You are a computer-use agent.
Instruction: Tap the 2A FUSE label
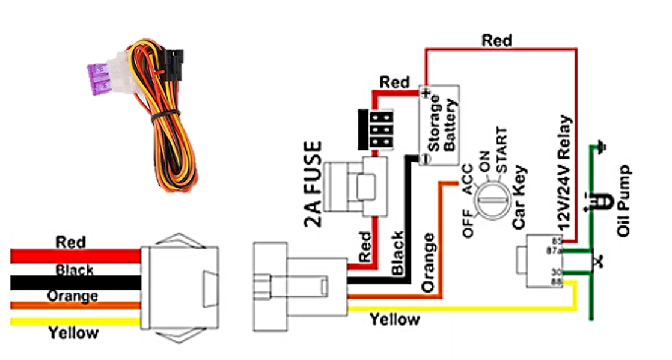313,185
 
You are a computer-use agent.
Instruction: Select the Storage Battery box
439,125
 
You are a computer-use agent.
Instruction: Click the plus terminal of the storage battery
426,93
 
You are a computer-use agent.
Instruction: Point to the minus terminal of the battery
424,159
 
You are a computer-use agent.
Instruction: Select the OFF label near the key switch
468,224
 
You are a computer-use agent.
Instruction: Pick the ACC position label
467,178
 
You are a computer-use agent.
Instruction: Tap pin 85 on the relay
558,240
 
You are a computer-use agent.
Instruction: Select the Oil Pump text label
624,201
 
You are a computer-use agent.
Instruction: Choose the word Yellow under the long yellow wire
395,320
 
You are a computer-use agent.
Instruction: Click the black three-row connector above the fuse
376,129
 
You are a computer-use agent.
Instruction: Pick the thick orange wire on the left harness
75,305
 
